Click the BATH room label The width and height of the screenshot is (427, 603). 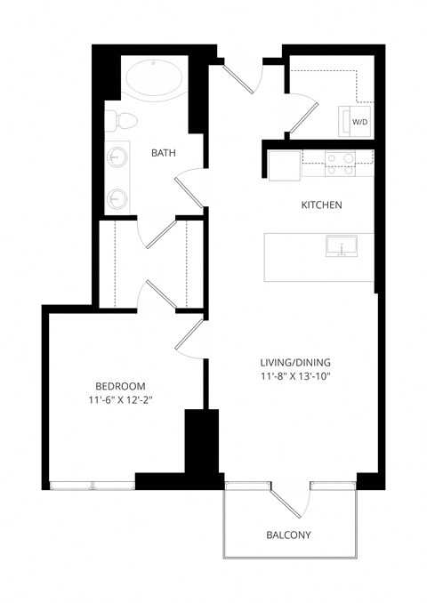(163, 153)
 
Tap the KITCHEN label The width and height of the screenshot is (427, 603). (321, 205)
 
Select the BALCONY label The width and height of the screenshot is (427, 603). (289, 535)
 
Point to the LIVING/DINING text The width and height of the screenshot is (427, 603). (294, 362)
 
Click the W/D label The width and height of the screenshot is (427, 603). (360, 121)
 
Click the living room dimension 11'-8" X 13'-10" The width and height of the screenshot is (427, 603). (294, 376)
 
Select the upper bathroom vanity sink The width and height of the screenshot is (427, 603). (117, 158)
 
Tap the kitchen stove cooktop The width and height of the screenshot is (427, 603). (339, 161)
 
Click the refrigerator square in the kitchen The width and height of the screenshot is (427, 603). (285, 165)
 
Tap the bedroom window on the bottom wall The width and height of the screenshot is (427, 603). (93, 484)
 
